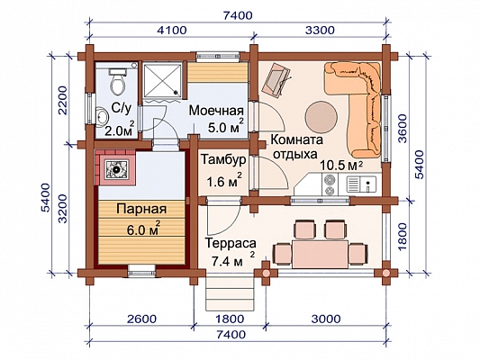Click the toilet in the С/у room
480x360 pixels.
[117, 81]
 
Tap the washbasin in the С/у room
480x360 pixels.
[102, 116]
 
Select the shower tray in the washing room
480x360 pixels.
[162, 79]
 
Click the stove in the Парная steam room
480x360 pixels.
[116, 168]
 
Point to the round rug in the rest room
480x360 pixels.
[322, 116]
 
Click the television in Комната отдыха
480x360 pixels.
[276, 80]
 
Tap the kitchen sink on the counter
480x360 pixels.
[362, 184]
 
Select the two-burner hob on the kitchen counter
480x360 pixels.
[330, 184]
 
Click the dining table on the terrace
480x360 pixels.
[320, 254]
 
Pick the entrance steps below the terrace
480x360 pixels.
[230, 293]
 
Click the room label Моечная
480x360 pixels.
[216, 111]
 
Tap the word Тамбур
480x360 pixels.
[223, 159]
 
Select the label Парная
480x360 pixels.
[141, 209]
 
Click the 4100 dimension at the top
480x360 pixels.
[171, 31]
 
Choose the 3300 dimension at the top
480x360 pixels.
[321, 31]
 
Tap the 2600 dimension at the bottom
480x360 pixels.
[141, 319]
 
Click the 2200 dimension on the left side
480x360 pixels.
[62, 100]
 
